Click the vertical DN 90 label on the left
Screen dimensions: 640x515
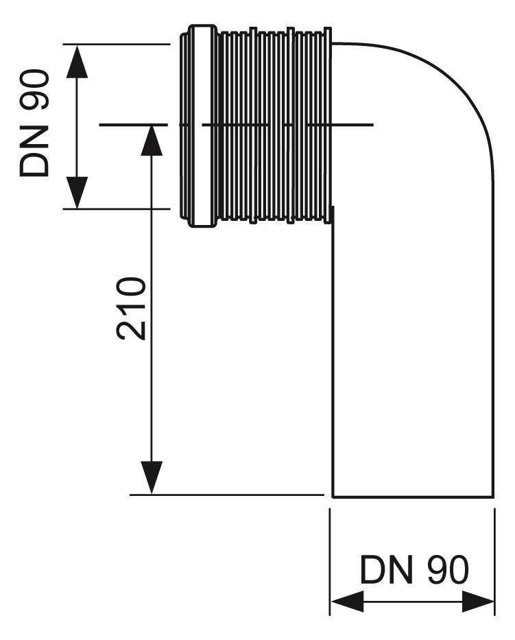[34, 123]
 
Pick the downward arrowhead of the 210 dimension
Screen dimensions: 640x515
[152, 477]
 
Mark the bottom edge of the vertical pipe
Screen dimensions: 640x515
[412, 495]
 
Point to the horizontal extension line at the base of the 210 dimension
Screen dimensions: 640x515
[226, 495]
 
